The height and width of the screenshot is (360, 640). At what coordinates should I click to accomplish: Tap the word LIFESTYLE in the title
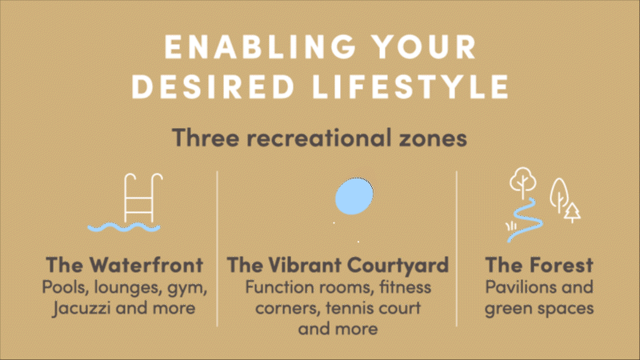(x=411, y=86)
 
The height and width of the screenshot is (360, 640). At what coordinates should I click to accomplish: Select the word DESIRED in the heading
(x=213, y=86)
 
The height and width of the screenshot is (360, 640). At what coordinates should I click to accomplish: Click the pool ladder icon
(x=143, y=198)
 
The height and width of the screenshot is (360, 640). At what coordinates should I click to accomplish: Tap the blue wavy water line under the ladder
(x=124, y=227)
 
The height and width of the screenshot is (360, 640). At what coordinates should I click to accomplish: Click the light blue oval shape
(x=354, y=196)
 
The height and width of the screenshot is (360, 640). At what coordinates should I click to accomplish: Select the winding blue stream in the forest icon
(x=526, y=221)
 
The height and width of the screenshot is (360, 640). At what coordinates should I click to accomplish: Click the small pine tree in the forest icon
(x=572, y=213)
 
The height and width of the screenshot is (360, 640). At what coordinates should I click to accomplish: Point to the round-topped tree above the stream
(x=523, y=182)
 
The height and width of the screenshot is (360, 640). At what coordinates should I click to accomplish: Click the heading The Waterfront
(x=125, y=265)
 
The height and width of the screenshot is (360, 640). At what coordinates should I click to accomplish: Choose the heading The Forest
(x=539, y=265)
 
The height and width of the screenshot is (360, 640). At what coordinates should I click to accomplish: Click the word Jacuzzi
(x=82, y=308)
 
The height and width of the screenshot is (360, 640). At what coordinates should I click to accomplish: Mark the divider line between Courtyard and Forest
(x=456, y=249)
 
